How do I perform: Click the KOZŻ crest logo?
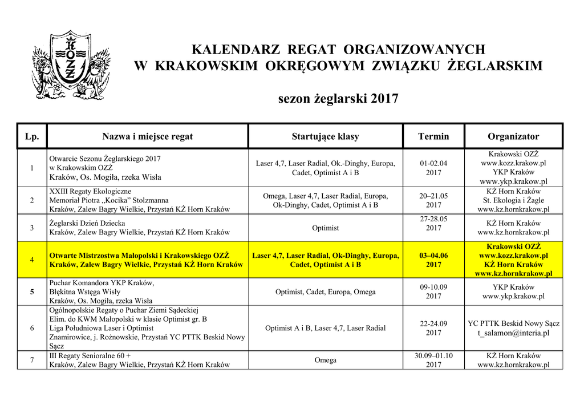coord(71,64)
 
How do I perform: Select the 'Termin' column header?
coord(433,136)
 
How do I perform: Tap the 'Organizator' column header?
coord(513,136)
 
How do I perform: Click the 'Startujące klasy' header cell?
coord(325,136)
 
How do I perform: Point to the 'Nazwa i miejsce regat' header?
coord(147,136)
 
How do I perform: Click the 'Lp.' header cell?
coord(32,136)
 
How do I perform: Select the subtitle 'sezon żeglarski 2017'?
coord(338,99)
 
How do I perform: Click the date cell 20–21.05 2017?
coord(433,200)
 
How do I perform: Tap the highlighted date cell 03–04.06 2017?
coord(433,260)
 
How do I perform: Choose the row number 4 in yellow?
coord(32,260)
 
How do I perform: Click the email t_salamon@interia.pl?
coord(513,333)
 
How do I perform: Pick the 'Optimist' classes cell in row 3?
coord(325,228)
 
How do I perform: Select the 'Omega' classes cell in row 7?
coord(325,360)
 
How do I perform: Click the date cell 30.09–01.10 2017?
coord(433,360)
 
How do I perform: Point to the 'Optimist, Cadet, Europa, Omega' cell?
coord(325,292)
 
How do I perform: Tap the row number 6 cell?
coord(32,328)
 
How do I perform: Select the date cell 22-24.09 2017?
coord(433,328)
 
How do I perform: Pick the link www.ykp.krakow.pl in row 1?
coord(513,181)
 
